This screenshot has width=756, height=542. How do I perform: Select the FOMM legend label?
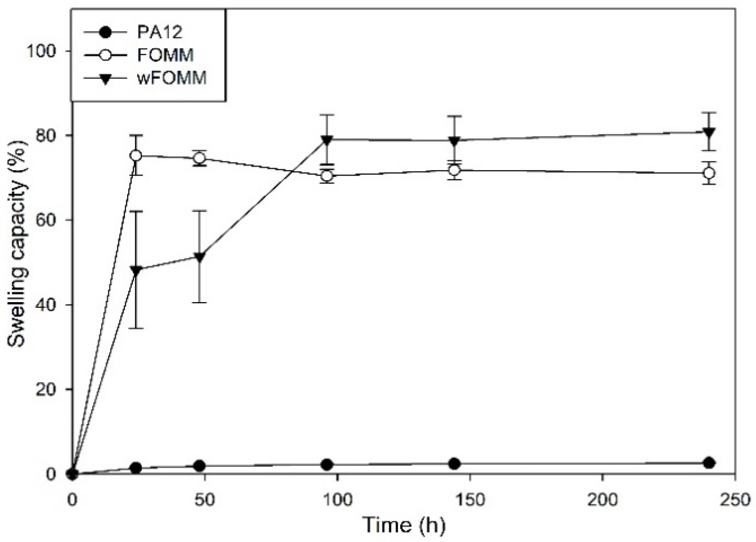coord(165,55)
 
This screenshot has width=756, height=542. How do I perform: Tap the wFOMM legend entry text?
coord(172,78)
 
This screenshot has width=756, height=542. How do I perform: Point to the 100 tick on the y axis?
coord(42,51)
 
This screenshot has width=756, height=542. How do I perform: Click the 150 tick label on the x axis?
coord(470,500)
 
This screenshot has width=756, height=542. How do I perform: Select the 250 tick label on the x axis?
coord(735,500)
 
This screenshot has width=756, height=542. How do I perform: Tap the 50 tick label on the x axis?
coord(205,500)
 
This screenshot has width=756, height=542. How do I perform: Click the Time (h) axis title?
coord(404,525)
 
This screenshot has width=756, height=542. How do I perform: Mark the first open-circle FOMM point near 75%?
coord(136,156)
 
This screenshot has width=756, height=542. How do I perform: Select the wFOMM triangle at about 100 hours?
coord(327,140)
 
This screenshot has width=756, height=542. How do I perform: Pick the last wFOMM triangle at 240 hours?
coord(710,132)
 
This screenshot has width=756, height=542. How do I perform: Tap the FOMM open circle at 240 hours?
coord(710,173)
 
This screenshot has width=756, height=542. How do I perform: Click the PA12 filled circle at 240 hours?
coord(710,463)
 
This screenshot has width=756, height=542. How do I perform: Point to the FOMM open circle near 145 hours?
coord(455,170)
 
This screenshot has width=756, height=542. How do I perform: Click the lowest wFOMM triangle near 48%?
coord(136,270)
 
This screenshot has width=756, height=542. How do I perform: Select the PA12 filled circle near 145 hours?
coord(455,464)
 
